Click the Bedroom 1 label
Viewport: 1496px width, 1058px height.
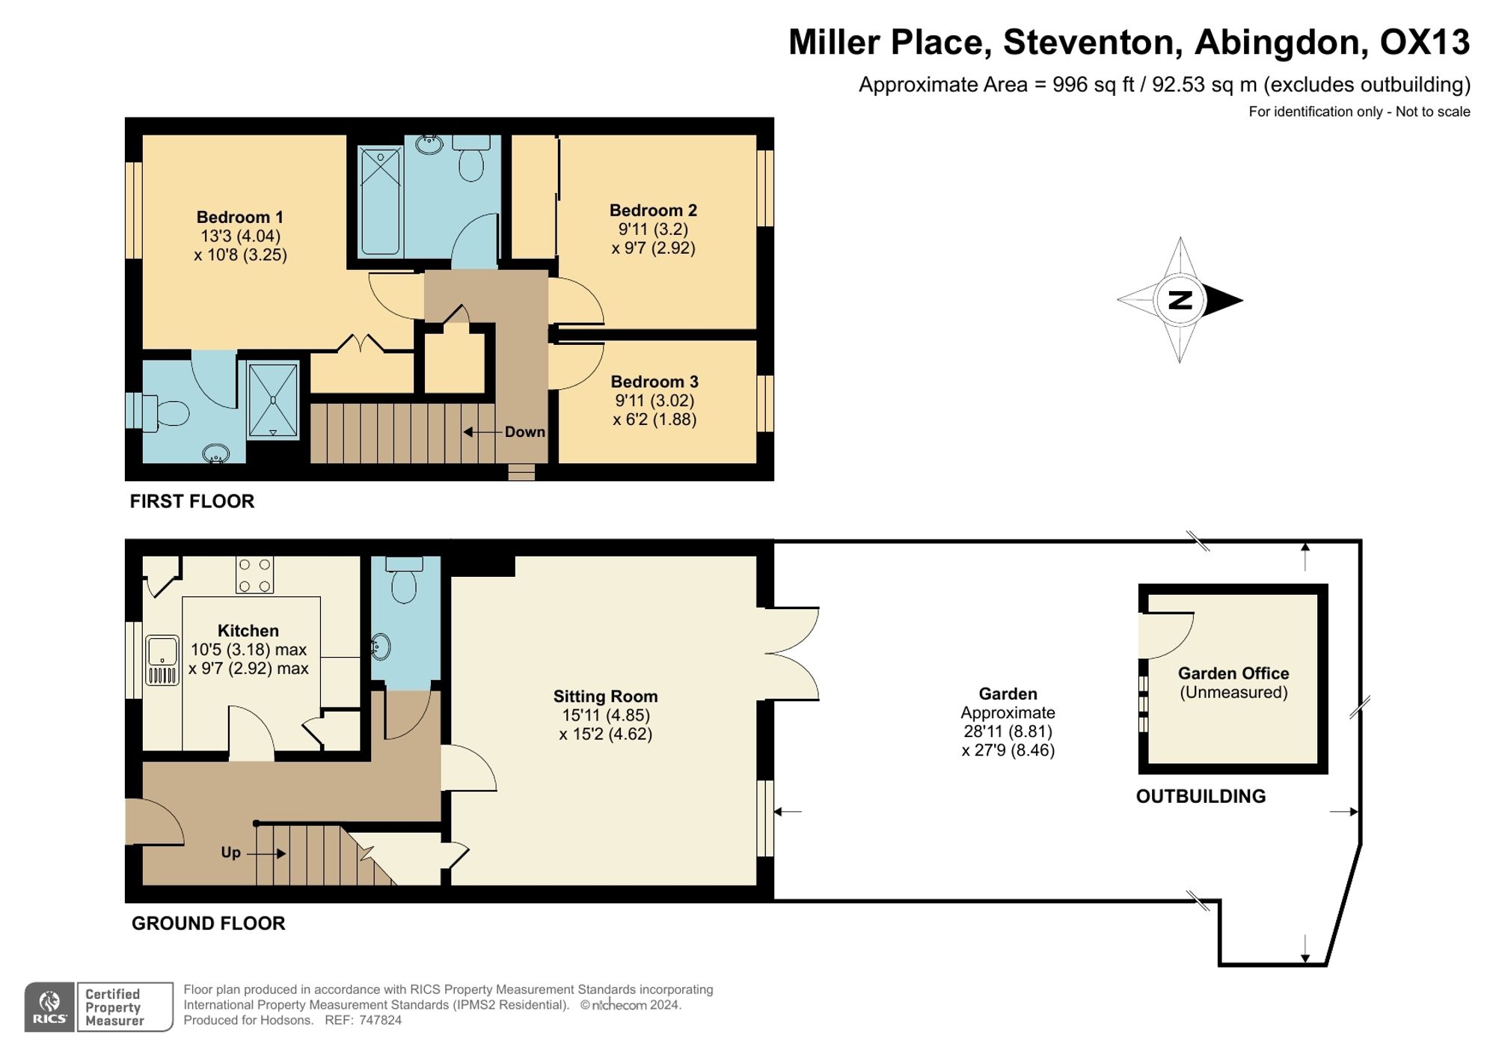(239, 217)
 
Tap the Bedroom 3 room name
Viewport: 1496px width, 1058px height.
(654, 382)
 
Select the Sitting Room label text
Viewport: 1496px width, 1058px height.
(605, 697)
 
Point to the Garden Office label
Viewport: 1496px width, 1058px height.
(1233, 673)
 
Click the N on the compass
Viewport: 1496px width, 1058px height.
(1180, 300)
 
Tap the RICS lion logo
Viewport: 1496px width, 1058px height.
(49, 1007)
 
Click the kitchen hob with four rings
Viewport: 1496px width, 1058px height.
(254, 575)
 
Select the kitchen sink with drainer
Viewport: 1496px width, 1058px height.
(162, 661)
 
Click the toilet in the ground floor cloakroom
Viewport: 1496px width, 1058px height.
(404, 580)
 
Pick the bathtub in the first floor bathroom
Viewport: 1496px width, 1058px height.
(381, 200)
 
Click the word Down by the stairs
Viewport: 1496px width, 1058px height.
(524, 432)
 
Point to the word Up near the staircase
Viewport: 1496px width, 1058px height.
(230, 852)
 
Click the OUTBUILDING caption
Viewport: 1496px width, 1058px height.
(1201, 796)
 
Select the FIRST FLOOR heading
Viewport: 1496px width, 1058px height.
(192, 501)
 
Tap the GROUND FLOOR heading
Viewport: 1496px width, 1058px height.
(209, 923)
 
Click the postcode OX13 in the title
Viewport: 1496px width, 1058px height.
(1424, 42)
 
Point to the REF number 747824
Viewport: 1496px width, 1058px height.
(380, 1020)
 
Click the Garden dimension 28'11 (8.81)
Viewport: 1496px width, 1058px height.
(1008, 732)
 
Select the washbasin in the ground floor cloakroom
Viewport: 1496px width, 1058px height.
(381, 646)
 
